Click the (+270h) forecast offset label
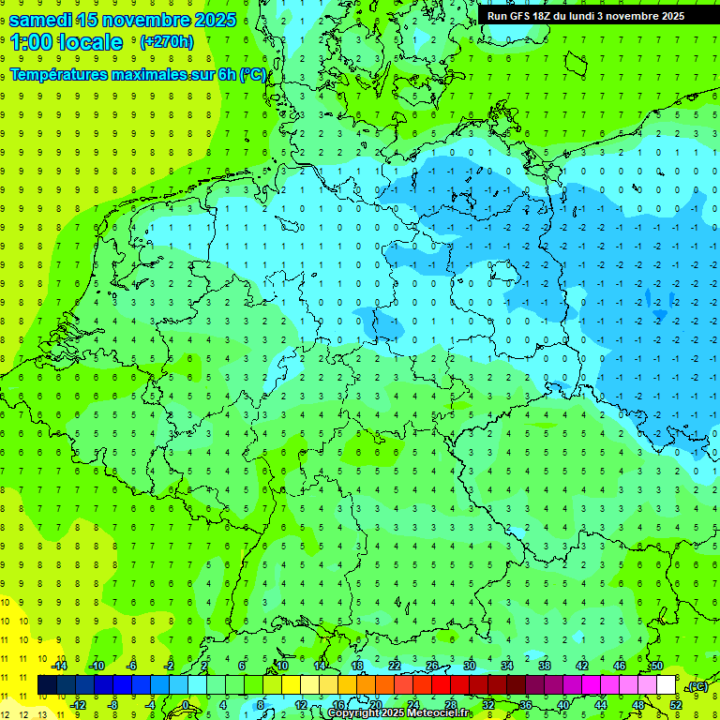[x=166, y=42]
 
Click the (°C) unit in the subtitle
[x=252, y=75]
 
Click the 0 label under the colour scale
[x=187, y=704]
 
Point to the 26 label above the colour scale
[x=432, y=666]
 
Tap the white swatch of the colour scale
[x=666, y=685]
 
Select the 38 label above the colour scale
[x=545, y=666]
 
